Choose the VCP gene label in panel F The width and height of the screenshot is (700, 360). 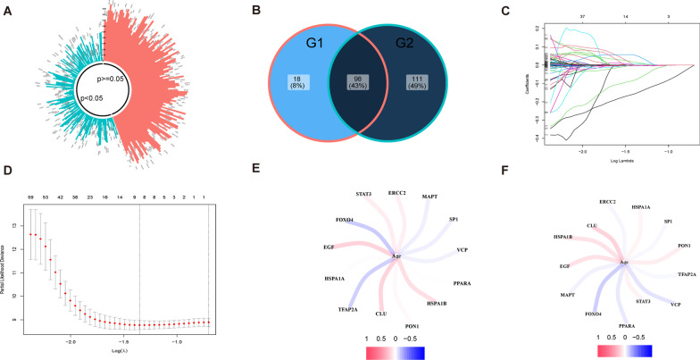click(676, 305)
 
